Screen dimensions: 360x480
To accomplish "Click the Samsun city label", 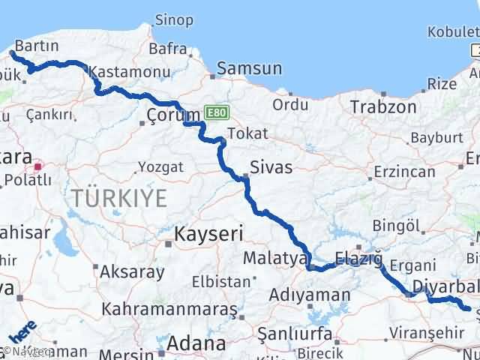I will pyautogui.click(x=249, y=68).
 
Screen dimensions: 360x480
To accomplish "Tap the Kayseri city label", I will pyautogui.click(x=209, y=234).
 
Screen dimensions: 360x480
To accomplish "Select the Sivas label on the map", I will pyautogui.click(x=271, y=166).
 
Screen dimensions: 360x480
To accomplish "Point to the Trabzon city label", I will pyautogui.click(x=382, y=106).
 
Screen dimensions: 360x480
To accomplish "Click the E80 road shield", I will pyautogui.click(x=216, y=112).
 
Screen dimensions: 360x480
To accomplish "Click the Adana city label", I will pyautogui.click(x=196, y=343).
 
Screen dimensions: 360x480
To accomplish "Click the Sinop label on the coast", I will pyautogui.click(x=173, y=19).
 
